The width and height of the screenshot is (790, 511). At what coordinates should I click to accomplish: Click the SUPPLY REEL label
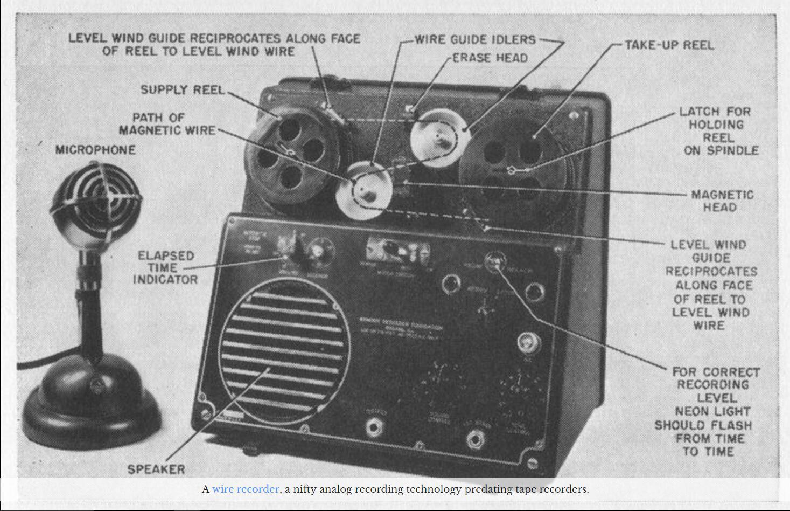[182, 89]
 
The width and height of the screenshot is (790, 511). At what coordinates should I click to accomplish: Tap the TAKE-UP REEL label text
[669, 45]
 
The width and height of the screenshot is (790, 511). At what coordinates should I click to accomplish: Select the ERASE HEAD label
[490, 58]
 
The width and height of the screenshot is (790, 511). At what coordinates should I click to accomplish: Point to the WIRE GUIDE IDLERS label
[476, 39]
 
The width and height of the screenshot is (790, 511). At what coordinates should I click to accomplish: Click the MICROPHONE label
[95, 150]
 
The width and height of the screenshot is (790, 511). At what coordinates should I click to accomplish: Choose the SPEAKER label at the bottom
[156, 469]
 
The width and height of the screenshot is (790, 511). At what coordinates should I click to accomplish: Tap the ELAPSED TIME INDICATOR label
[165, 267]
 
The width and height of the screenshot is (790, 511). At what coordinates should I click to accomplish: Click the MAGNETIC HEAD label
[722, 201]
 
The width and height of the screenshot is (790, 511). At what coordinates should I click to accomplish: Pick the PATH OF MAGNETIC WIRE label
[167, 124]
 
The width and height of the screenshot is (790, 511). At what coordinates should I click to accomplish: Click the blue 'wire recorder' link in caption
[246, 489]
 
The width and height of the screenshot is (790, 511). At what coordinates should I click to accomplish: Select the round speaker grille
[284, 350]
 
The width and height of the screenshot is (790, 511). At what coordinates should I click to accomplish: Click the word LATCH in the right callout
[699, 112]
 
